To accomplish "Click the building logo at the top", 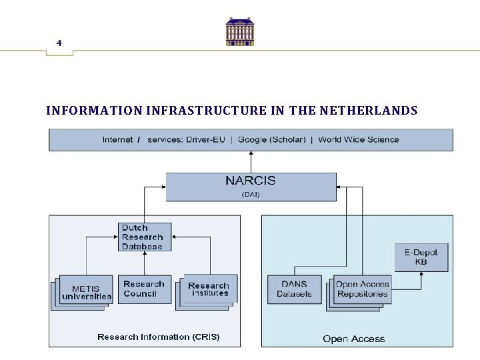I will point(240,31).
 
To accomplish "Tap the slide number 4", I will point(59,43).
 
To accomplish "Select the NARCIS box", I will point(251,186).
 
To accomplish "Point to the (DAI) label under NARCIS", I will point(251,195).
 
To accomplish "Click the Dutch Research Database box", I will point(144,237).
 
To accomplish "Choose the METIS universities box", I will point(86,292).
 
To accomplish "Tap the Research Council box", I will point(144,289).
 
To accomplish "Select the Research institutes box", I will point(209,289).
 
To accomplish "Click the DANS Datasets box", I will point(294,289).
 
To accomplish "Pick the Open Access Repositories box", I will point(362,289).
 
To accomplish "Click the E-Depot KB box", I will point(421,257).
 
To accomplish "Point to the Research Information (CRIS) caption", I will point(158,337).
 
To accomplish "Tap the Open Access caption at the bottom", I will point(353,339).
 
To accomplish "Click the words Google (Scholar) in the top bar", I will point(271,139).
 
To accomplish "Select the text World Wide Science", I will point(358,139).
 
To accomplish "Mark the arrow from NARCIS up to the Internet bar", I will point(251,162).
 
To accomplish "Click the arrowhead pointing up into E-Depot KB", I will point(421,274).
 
